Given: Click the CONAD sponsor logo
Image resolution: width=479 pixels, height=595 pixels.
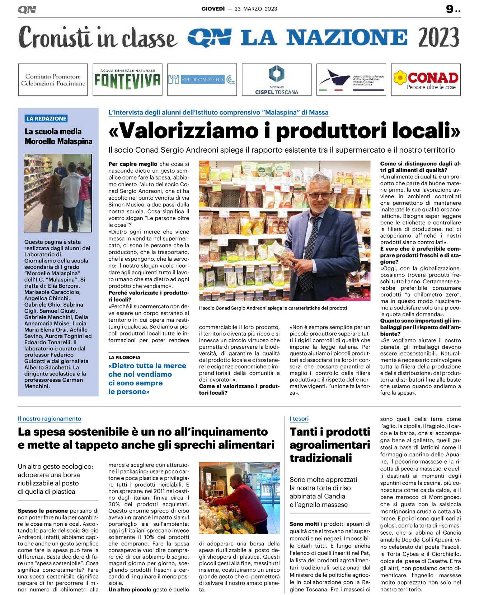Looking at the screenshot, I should point(426,80).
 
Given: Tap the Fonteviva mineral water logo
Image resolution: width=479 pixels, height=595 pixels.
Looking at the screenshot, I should point(127,80).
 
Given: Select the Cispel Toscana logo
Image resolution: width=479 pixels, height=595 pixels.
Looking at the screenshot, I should point(277,80).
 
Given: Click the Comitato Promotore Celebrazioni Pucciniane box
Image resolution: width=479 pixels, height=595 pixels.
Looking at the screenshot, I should point(53,80).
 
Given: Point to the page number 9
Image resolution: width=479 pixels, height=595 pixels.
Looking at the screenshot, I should point(450,9).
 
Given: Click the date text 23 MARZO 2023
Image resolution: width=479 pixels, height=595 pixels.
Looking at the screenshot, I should point(256,9).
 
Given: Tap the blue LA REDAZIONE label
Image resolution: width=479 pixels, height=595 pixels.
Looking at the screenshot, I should point(46,118).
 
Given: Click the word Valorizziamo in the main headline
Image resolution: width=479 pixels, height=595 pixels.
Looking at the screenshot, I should point(189,131).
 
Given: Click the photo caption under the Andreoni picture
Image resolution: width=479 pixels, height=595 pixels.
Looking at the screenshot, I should point(273,308).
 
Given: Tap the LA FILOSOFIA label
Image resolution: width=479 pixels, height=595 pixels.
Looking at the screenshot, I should point(125,358).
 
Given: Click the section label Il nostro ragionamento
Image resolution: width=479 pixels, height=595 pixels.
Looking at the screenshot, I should point(50,419).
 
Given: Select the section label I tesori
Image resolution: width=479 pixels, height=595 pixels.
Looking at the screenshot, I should point(299,419).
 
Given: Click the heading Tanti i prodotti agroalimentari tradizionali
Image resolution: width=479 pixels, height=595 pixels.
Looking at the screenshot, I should point(329,445).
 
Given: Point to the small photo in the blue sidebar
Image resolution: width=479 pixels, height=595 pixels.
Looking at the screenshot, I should point(58,193).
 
